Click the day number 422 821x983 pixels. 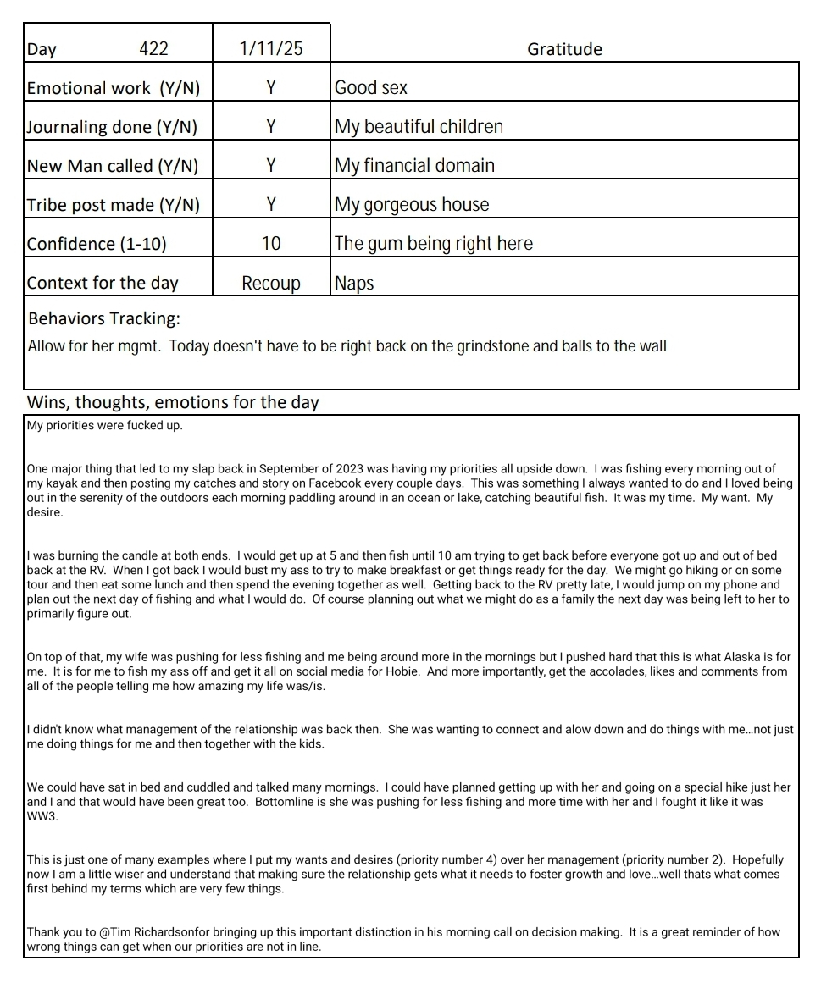(x=153, y=49)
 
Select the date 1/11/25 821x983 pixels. (x=271, y=49)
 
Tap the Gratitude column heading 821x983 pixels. (x=564, y=49)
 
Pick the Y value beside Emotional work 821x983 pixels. (x=271, y=87)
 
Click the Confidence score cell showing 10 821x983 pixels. (x=271, y=244)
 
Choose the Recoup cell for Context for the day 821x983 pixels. (x=271, y=283)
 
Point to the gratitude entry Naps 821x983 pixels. (x=354, y=283)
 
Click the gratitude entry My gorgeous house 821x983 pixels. (x=412, y=205)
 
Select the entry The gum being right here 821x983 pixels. (x=434, y=244)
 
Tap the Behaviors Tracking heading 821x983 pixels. (x=104, y=319)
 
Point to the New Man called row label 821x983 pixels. (x=113, y=166)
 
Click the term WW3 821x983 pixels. (x=41, y=815)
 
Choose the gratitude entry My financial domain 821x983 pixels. (x=414, y=166)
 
